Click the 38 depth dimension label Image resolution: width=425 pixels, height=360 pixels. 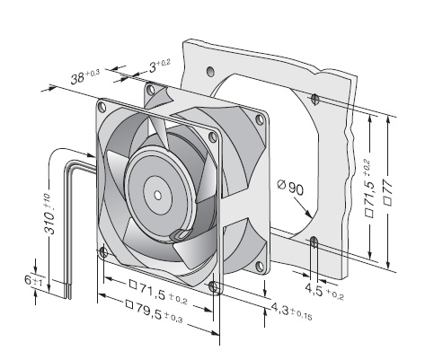(85, 76)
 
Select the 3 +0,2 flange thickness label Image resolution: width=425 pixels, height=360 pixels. (160, 66)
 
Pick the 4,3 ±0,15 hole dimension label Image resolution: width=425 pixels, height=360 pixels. (292, 310)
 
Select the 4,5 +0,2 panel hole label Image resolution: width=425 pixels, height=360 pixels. (324, 291)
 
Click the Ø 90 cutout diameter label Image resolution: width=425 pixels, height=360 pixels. (290, 187)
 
